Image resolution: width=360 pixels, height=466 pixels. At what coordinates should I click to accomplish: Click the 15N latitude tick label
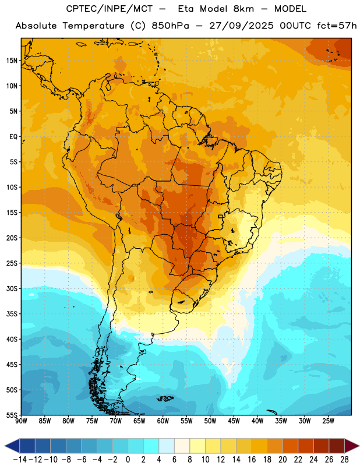pos(12,61)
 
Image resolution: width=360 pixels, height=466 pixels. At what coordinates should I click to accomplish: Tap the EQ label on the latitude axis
pos(13,137)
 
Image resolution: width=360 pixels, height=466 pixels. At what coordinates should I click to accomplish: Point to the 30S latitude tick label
pos(12,288)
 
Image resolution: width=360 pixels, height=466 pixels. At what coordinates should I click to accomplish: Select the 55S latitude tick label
pos(12,415)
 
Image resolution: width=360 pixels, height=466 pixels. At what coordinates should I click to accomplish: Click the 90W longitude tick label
pos(21,421)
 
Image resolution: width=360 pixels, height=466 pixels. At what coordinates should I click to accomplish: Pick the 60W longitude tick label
pos(163,421)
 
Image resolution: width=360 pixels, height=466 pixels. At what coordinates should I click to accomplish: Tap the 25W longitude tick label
pos(328,421)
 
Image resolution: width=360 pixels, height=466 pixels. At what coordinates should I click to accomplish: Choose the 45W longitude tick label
pos(234,421)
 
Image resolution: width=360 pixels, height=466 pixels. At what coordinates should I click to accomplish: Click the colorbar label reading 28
pos(344,460)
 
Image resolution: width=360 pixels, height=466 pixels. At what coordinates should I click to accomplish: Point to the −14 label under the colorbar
pos(20,460)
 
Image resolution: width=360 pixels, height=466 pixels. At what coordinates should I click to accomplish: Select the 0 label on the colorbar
pos(128,460)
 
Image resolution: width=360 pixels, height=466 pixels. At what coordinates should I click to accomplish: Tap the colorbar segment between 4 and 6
pos(167,446)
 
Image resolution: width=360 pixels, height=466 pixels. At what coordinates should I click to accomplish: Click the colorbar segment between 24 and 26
pos(322,446)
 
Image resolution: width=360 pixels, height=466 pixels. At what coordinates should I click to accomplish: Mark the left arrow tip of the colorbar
pos(5,446)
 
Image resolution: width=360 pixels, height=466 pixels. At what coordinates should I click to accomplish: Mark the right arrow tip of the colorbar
pos(359,446)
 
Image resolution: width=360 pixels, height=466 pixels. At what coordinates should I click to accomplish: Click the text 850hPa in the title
pos(170,26)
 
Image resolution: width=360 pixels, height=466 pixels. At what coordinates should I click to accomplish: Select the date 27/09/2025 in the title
pos(241,26)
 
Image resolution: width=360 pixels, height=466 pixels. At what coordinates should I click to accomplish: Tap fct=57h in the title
pos(337,26)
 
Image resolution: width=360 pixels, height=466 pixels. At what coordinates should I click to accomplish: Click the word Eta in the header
pos(186,9)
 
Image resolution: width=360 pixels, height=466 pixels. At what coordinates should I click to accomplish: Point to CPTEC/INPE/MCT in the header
pos(109,9)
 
